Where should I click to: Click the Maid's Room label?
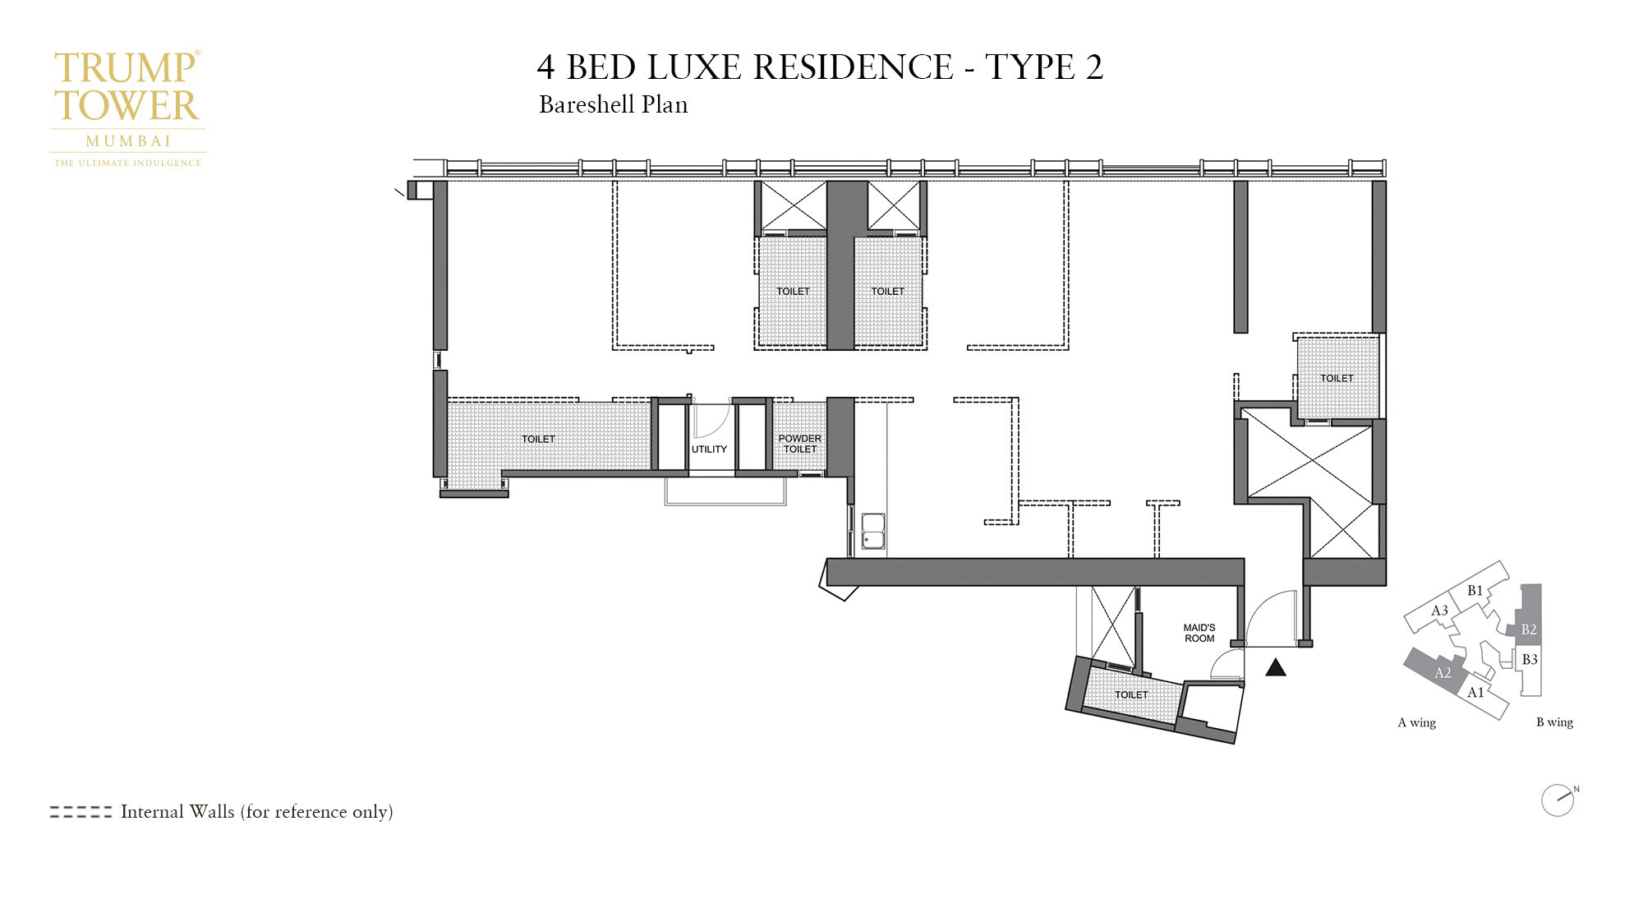(1199, 633)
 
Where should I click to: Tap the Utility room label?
(709, 450)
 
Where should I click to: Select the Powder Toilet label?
(800, 444)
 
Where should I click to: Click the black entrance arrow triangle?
(1276, 668)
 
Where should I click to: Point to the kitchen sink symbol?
(872, 532)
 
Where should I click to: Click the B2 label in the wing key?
(1529, 629)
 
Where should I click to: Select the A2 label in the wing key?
(1443, 673)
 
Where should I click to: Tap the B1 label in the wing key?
(1475, 590)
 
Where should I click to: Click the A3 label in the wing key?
(1439, 611)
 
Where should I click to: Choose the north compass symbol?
(1558, 800)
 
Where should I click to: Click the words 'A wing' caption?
(1417, 723)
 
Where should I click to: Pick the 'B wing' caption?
(1554, 722)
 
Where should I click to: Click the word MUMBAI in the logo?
(128, 141)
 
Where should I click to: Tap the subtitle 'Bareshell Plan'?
(613, 105)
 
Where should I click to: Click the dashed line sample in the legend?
(81, 812)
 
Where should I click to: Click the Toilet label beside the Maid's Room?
(1131, 695)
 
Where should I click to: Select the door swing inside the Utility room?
(709, 422)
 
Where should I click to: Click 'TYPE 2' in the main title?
(1043, 67)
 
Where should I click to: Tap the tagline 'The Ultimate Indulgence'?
(128, 163)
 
